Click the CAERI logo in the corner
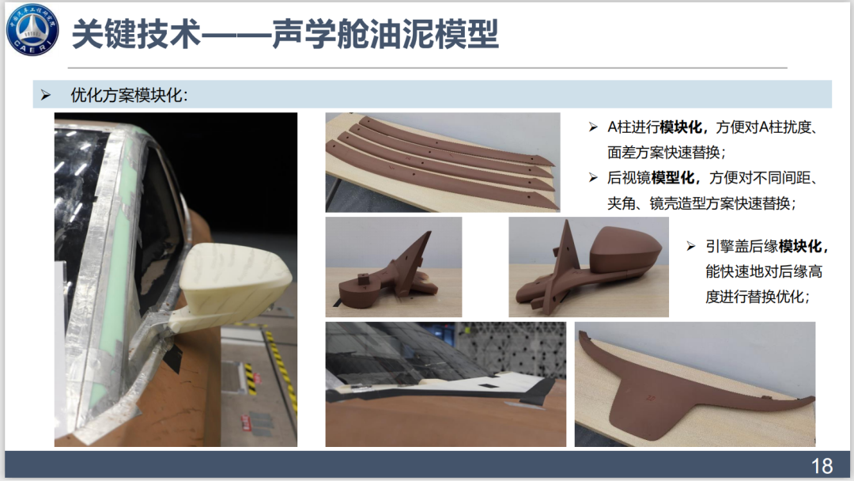coord(32,29)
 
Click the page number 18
coord(822,466)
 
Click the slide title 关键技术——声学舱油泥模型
coord(285,34)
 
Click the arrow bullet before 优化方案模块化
coord(46,95)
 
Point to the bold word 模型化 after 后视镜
coord(673,177)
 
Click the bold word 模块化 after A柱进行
coord(681,127)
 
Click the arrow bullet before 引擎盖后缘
coord(691,246)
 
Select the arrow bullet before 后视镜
coord(593,177)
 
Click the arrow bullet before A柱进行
coord(593,127)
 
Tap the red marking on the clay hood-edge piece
coord(650,398)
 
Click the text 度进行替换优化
coord(756,297)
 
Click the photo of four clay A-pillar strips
coord(443,162)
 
